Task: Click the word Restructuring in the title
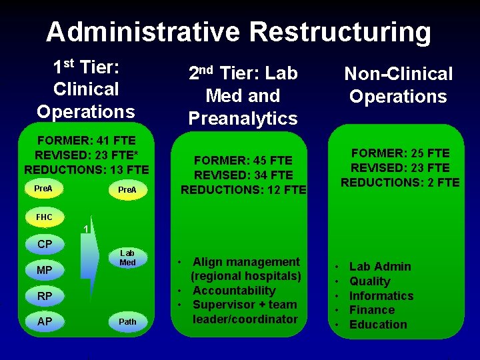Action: coord(340,31)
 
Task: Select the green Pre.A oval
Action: coord(127,190)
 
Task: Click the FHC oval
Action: coord(44,217)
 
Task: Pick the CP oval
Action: coord(45,244)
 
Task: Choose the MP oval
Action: coord(45,270)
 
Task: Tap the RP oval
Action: coord(45,295)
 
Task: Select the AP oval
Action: coord(45,321)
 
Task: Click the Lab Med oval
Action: coord(127,258)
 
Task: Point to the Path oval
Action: coord(127,321)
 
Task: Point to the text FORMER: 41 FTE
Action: coord(87,141)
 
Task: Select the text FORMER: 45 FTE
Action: coord(243,161)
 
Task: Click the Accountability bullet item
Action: coord(233,291)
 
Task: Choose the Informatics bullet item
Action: coord(381,296)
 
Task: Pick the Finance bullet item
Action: coord(372,310)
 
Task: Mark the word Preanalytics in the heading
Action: coord(243,119)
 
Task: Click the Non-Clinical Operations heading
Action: coord(398,85)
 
